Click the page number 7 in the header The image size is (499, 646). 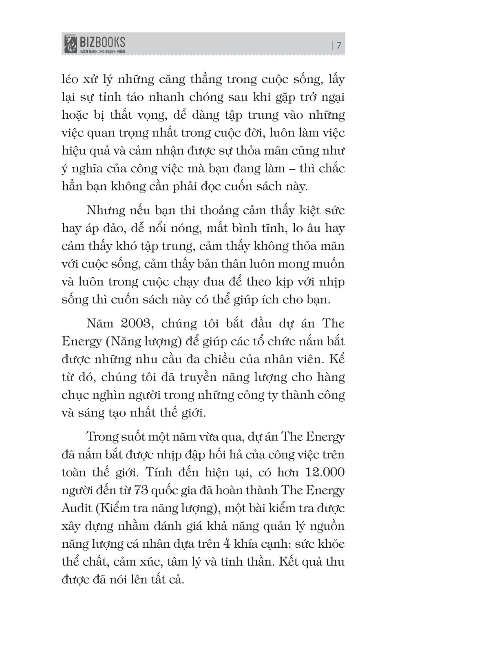[x=338, y=46]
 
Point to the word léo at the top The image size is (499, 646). [x=71, y=79]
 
